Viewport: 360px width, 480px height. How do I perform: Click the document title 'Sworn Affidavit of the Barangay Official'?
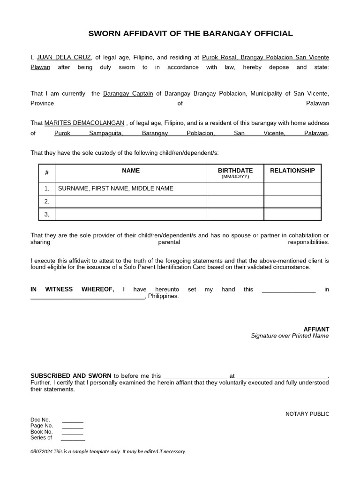(x=191, y=34)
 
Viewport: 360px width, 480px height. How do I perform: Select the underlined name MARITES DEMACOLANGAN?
(x=84, y=123)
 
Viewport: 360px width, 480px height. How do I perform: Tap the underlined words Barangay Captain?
(x=128, y=94)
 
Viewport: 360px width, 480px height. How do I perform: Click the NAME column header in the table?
(x=131, y=171)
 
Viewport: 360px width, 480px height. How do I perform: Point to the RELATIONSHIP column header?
(x=292, y=171)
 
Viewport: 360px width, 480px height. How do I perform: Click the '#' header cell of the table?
(x=47, y=173)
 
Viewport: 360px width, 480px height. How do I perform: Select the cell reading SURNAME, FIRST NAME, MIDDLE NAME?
(x=115, y=188)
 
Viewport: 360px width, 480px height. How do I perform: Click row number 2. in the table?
(x=47, y=202)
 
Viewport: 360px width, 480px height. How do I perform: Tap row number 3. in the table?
(x=47, y=214)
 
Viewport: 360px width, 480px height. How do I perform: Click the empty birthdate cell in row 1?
(x=235, y=188)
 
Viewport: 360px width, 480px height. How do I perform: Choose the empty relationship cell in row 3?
(x=292, y=214)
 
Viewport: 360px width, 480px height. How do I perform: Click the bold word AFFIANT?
(x=317, y=329)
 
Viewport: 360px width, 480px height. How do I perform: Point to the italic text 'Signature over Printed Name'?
(x=290, y=336)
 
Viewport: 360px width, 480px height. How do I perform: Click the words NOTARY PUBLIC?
(x=307, y=414)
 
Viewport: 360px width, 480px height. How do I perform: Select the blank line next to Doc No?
(x=73, y=421)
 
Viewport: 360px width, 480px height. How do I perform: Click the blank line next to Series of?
(x=73, y=439)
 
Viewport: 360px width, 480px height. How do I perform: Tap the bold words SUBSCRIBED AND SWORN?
(x=71, y=376)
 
